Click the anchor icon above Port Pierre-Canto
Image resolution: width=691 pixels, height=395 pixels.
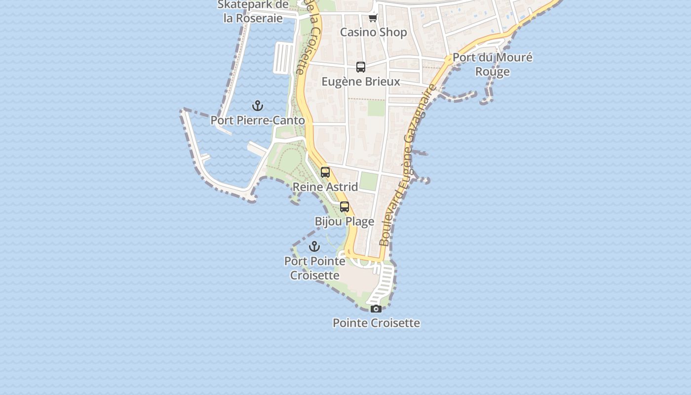[257, 106]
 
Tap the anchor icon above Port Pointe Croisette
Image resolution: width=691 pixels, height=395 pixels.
[314, 246]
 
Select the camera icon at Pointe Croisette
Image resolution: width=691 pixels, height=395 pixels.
[376, 309]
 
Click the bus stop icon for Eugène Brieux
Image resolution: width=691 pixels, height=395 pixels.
[361, 67]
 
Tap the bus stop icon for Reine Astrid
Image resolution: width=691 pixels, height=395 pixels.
[325, 172]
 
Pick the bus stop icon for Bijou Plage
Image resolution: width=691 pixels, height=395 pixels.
[345, 207]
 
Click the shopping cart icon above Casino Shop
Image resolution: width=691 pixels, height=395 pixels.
[373, 18]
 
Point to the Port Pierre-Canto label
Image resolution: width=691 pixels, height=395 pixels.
[258, 120]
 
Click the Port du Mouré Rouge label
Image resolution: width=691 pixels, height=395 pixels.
[492, 64]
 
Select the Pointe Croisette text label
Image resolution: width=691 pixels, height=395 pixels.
[376, 323]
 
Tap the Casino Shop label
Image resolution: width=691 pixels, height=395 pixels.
[373, 33]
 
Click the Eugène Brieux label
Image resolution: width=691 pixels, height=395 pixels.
[361, 81]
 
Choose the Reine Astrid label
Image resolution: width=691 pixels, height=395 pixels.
[325, 187]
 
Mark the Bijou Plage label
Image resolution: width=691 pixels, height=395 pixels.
[345, 222]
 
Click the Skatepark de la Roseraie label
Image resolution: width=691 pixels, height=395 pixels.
[253, 11]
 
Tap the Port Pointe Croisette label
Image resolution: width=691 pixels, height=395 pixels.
[314, 268]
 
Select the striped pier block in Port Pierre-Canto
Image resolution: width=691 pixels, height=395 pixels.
[284, 57]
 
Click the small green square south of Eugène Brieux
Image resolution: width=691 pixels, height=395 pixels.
[376, 108]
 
